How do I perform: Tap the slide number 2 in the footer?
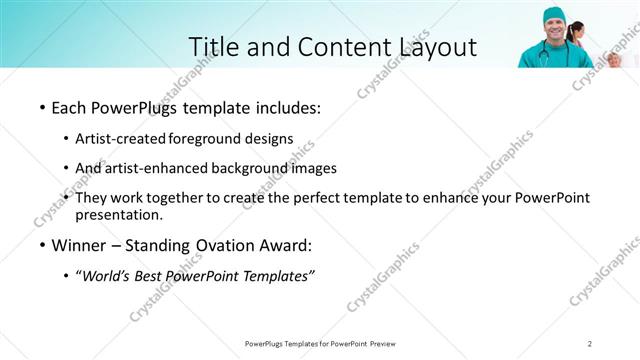coord(590,344)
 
